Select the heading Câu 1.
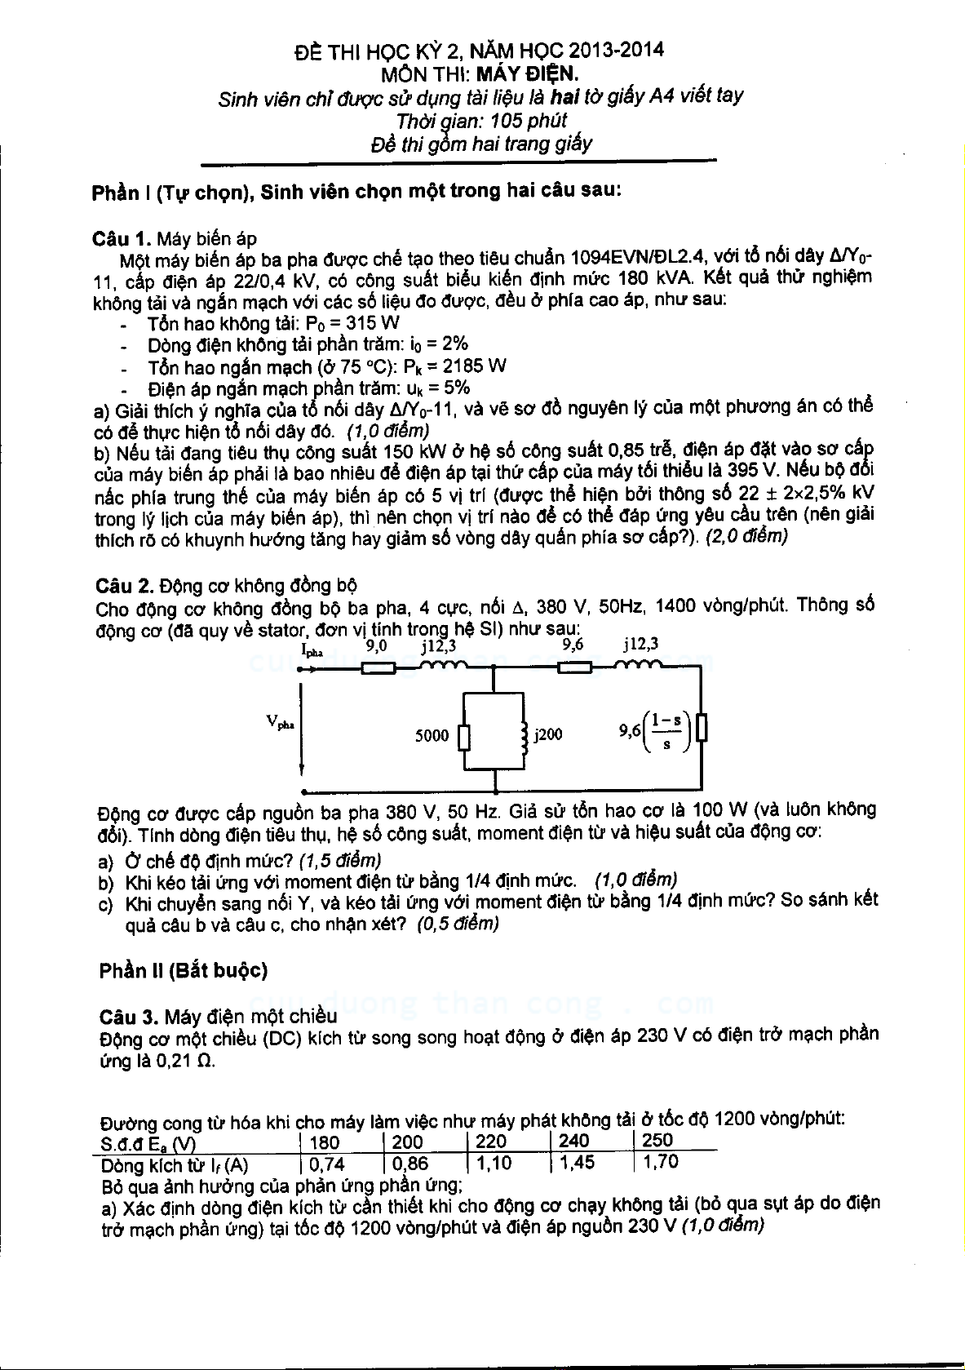[x=122, y=238]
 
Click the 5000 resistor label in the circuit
[x=432, y=735]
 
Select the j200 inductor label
[x=548, y=734]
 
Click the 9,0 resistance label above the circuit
[x=376, y=645]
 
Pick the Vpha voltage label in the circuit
[x=280, y=721]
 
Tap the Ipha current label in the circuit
[x=312, y=651]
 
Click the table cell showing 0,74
[x=327, y=1164]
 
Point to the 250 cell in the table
[x=657, y=1140]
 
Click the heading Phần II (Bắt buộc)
[x=184, y=970]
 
